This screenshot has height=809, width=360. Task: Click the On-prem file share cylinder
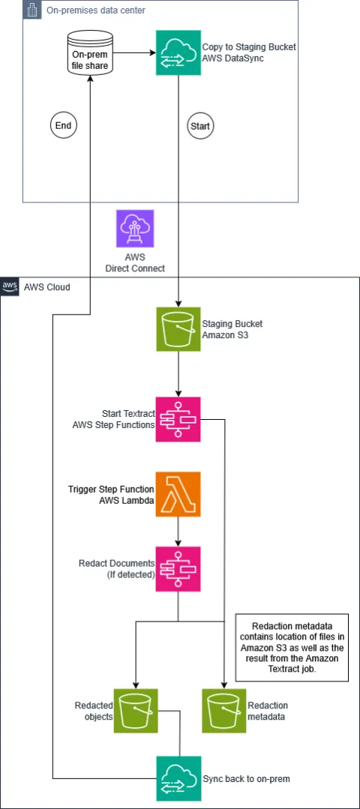point(90,53)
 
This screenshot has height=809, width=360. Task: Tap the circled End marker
point(63,125)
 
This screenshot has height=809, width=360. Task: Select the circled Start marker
point(200,125)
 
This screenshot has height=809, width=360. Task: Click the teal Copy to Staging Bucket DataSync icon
point(178,52)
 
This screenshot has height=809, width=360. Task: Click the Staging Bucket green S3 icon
point(178,329)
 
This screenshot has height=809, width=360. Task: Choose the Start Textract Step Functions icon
point(178,419)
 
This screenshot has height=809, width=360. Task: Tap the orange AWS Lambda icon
point(178,494)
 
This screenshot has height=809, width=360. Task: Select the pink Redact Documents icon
point(178,569)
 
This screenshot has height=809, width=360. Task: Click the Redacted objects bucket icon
point(135,711)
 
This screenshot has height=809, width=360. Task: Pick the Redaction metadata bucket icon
point(223,711)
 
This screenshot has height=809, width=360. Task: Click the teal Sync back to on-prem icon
point(178,778)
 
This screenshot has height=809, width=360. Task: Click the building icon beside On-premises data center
point(31,9)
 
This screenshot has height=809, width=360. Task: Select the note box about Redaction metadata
point(292,647)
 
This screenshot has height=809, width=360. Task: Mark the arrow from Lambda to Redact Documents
point(178,532)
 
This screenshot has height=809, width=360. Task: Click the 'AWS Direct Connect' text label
point(135,263)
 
